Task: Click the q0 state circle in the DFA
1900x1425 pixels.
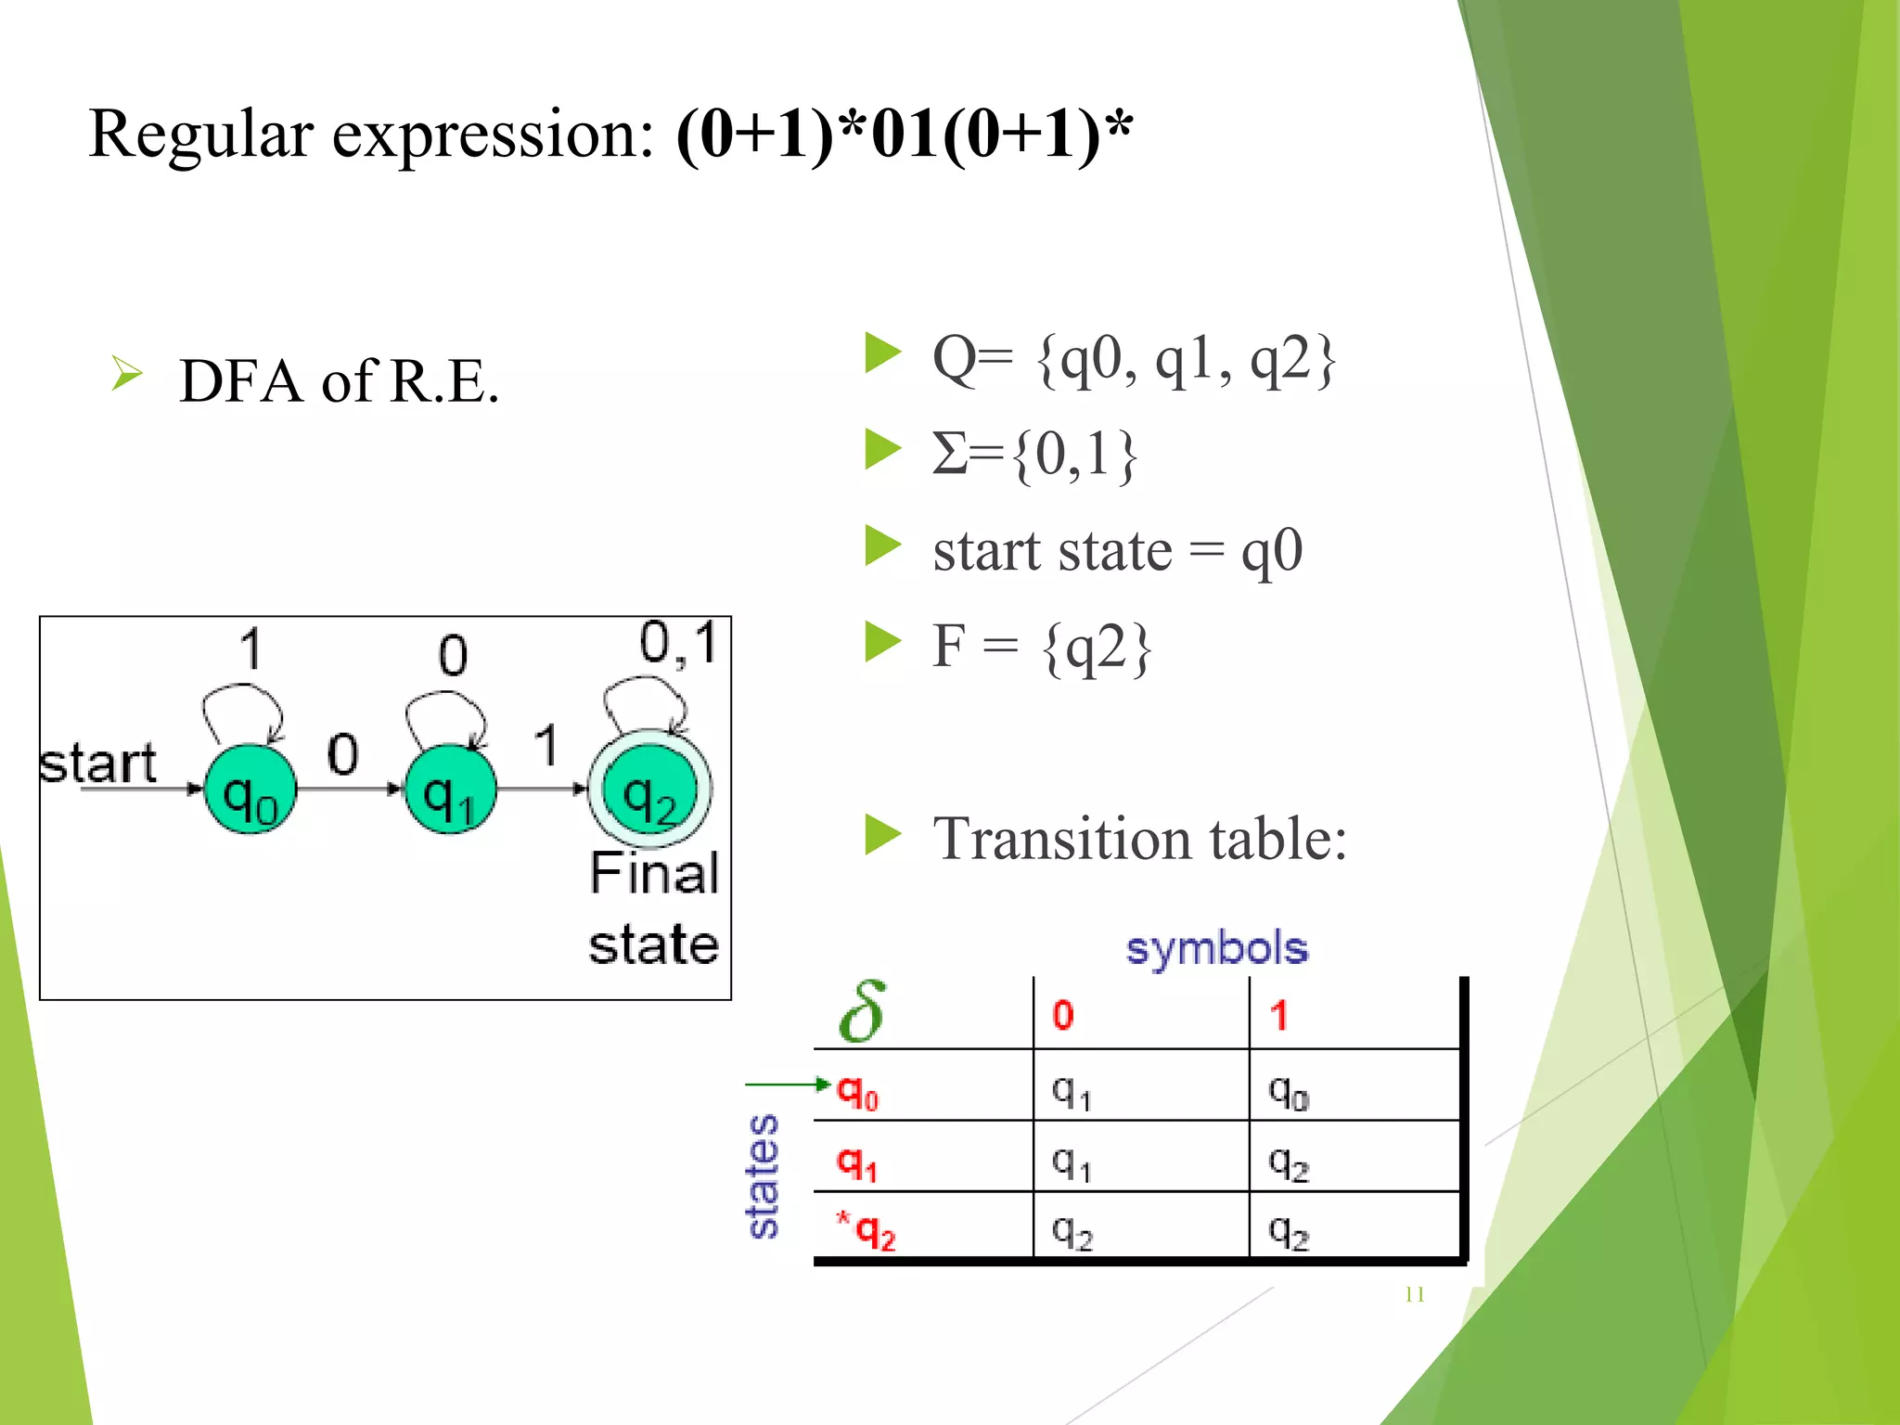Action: point(250,790)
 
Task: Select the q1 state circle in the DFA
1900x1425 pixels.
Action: point(451,790)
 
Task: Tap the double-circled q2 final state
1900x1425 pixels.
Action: point(649,790)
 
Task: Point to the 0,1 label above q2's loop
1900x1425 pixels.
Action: point(679,643)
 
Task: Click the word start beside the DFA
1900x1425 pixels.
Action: point(97,764)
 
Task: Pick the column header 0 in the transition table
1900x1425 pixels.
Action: point(1063,1015)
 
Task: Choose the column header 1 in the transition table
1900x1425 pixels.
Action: point(1279,1015)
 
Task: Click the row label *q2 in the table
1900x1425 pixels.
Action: point(867,1231)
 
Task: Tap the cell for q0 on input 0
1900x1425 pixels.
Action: point(1072,1093)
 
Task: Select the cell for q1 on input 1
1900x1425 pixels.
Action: point(1289,1162)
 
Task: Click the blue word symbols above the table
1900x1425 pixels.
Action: point(1216,948)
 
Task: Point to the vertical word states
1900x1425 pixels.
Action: point(763,1176)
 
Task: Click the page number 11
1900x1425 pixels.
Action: point(1415,1294)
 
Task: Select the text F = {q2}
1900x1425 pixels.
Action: point(1042,647)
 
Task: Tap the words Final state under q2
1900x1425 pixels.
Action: point(654,909)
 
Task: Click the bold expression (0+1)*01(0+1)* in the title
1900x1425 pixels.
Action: point(905,135)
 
